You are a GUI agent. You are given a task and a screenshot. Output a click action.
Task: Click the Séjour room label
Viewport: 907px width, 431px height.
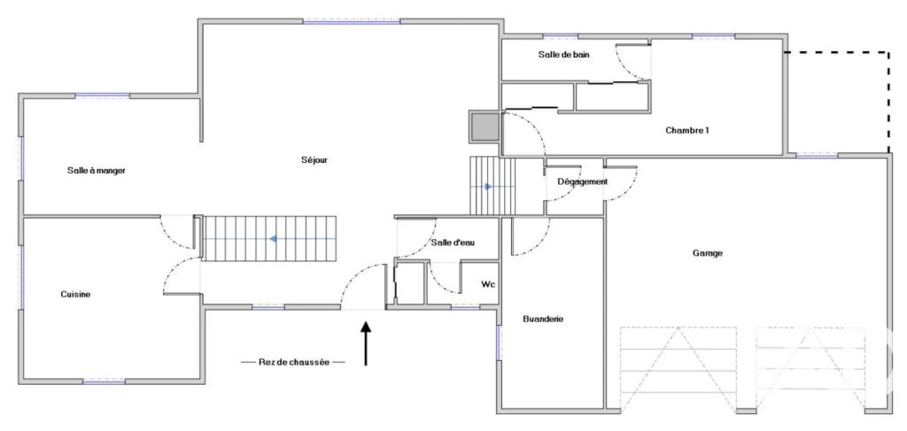(314, 160)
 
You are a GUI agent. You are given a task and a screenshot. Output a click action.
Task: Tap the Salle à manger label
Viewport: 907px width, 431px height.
(97, 171)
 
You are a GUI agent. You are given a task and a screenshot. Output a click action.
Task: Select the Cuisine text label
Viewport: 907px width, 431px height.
(76, 294)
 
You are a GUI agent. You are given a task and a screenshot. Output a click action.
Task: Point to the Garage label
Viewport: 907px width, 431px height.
(708, 253)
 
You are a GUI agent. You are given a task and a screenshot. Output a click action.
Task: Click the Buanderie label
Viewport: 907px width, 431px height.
(543, 319)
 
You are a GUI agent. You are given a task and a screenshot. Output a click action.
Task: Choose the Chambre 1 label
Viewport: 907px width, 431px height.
(687, 131)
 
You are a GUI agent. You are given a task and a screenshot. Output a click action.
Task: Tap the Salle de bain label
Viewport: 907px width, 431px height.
(564, 55)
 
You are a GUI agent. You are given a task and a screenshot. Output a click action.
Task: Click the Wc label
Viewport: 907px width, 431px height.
(488, 284)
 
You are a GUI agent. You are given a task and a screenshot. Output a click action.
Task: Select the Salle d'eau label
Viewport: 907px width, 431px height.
(453, 243)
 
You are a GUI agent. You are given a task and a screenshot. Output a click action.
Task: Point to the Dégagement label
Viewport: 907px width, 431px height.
(583, 181)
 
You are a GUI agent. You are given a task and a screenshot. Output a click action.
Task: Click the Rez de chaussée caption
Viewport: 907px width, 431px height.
(293, 362)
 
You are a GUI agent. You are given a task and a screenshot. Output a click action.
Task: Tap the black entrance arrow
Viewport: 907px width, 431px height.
(366, 343)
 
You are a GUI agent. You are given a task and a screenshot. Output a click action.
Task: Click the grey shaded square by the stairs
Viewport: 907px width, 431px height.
(485, 127)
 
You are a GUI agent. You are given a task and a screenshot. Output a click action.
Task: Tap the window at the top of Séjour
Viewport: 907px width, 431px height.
(352, 21)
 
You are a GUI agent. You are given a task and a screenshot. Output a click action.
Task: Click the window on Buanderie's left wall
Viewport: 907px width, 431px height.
(498, 342)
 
